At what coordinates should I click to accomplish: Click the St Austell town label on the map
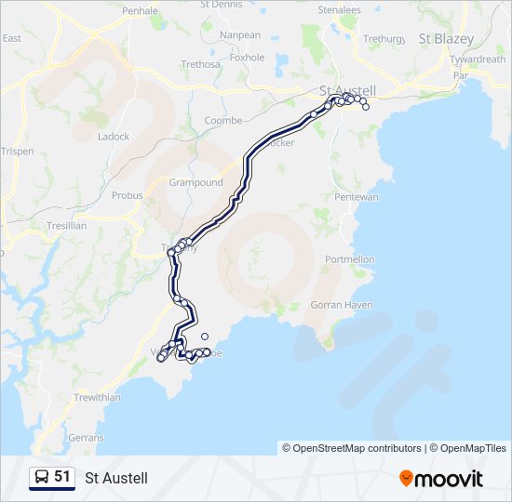coord(348,90)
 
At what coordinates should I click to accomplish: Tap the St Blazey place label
coord(446,39)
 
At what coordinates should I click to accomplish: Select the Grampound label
coord(195,182)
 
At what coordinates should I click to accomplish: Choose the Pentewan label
coord(356,197)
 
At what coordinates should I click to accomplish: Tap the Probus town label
coord(128,196)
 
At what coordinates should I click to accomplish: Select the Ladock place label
coord(114,137)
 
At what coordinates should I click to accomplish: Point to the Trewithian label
coord(97,397)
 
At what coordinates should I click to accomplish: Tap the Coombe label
coord(223,121)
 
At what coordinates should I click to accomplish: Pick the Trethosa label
coord(200,64)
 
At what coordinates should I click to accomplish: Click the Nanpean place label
coord(240,34)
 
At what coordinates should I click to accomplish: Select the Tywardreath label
coord(477,59)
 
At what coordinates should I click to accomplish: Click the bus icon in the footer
coord(41,478)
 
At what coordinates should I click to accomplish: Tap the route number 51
coord(62,477)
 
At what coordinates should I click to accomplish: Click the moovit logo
coord(441,479)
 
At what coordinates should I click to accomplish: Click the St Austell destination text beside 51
coord(116,478)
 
